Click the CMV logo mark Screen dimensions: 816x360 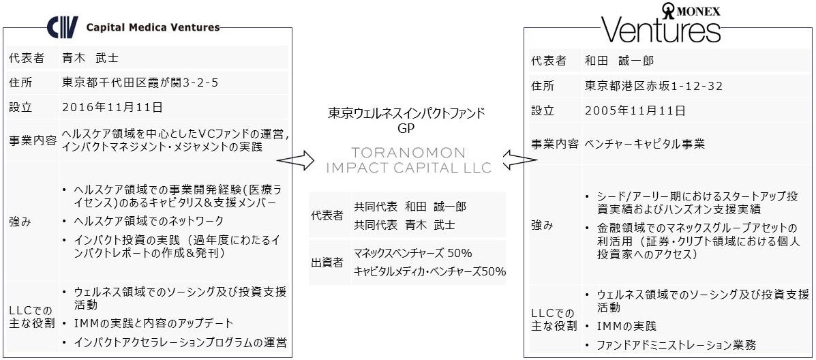(x=62, y=27)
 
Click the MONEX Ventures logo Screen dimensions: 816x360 (x=661, y=25)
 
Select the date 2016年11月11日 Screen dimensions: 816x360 (x=112, y=107)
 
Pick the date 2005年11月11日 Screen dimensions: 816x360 (x=635, y=110)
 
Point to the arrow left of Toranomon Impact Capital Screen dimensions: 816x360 (x=295, y=161)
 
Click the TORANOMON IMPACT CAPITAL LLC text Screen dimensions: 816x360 (x=408, y=160)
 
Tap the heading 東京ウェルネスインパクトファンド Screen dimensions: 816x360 (x=407, y=112)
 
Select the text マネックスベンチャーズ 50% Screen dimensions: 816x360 (x=413, y=253)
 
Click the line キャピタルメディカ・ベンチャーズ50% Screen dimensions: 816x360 (x=429, y=271)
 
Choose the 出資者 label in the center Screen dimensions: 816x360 (x=327, y=262)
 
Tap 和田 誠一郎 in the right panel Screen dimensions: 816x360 (x=619, y=61)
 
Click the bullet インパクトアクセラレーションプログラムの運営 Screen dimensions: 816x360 (x=181, y=342)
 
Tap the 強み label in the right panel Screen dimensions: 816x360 (x=543, y=225)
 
